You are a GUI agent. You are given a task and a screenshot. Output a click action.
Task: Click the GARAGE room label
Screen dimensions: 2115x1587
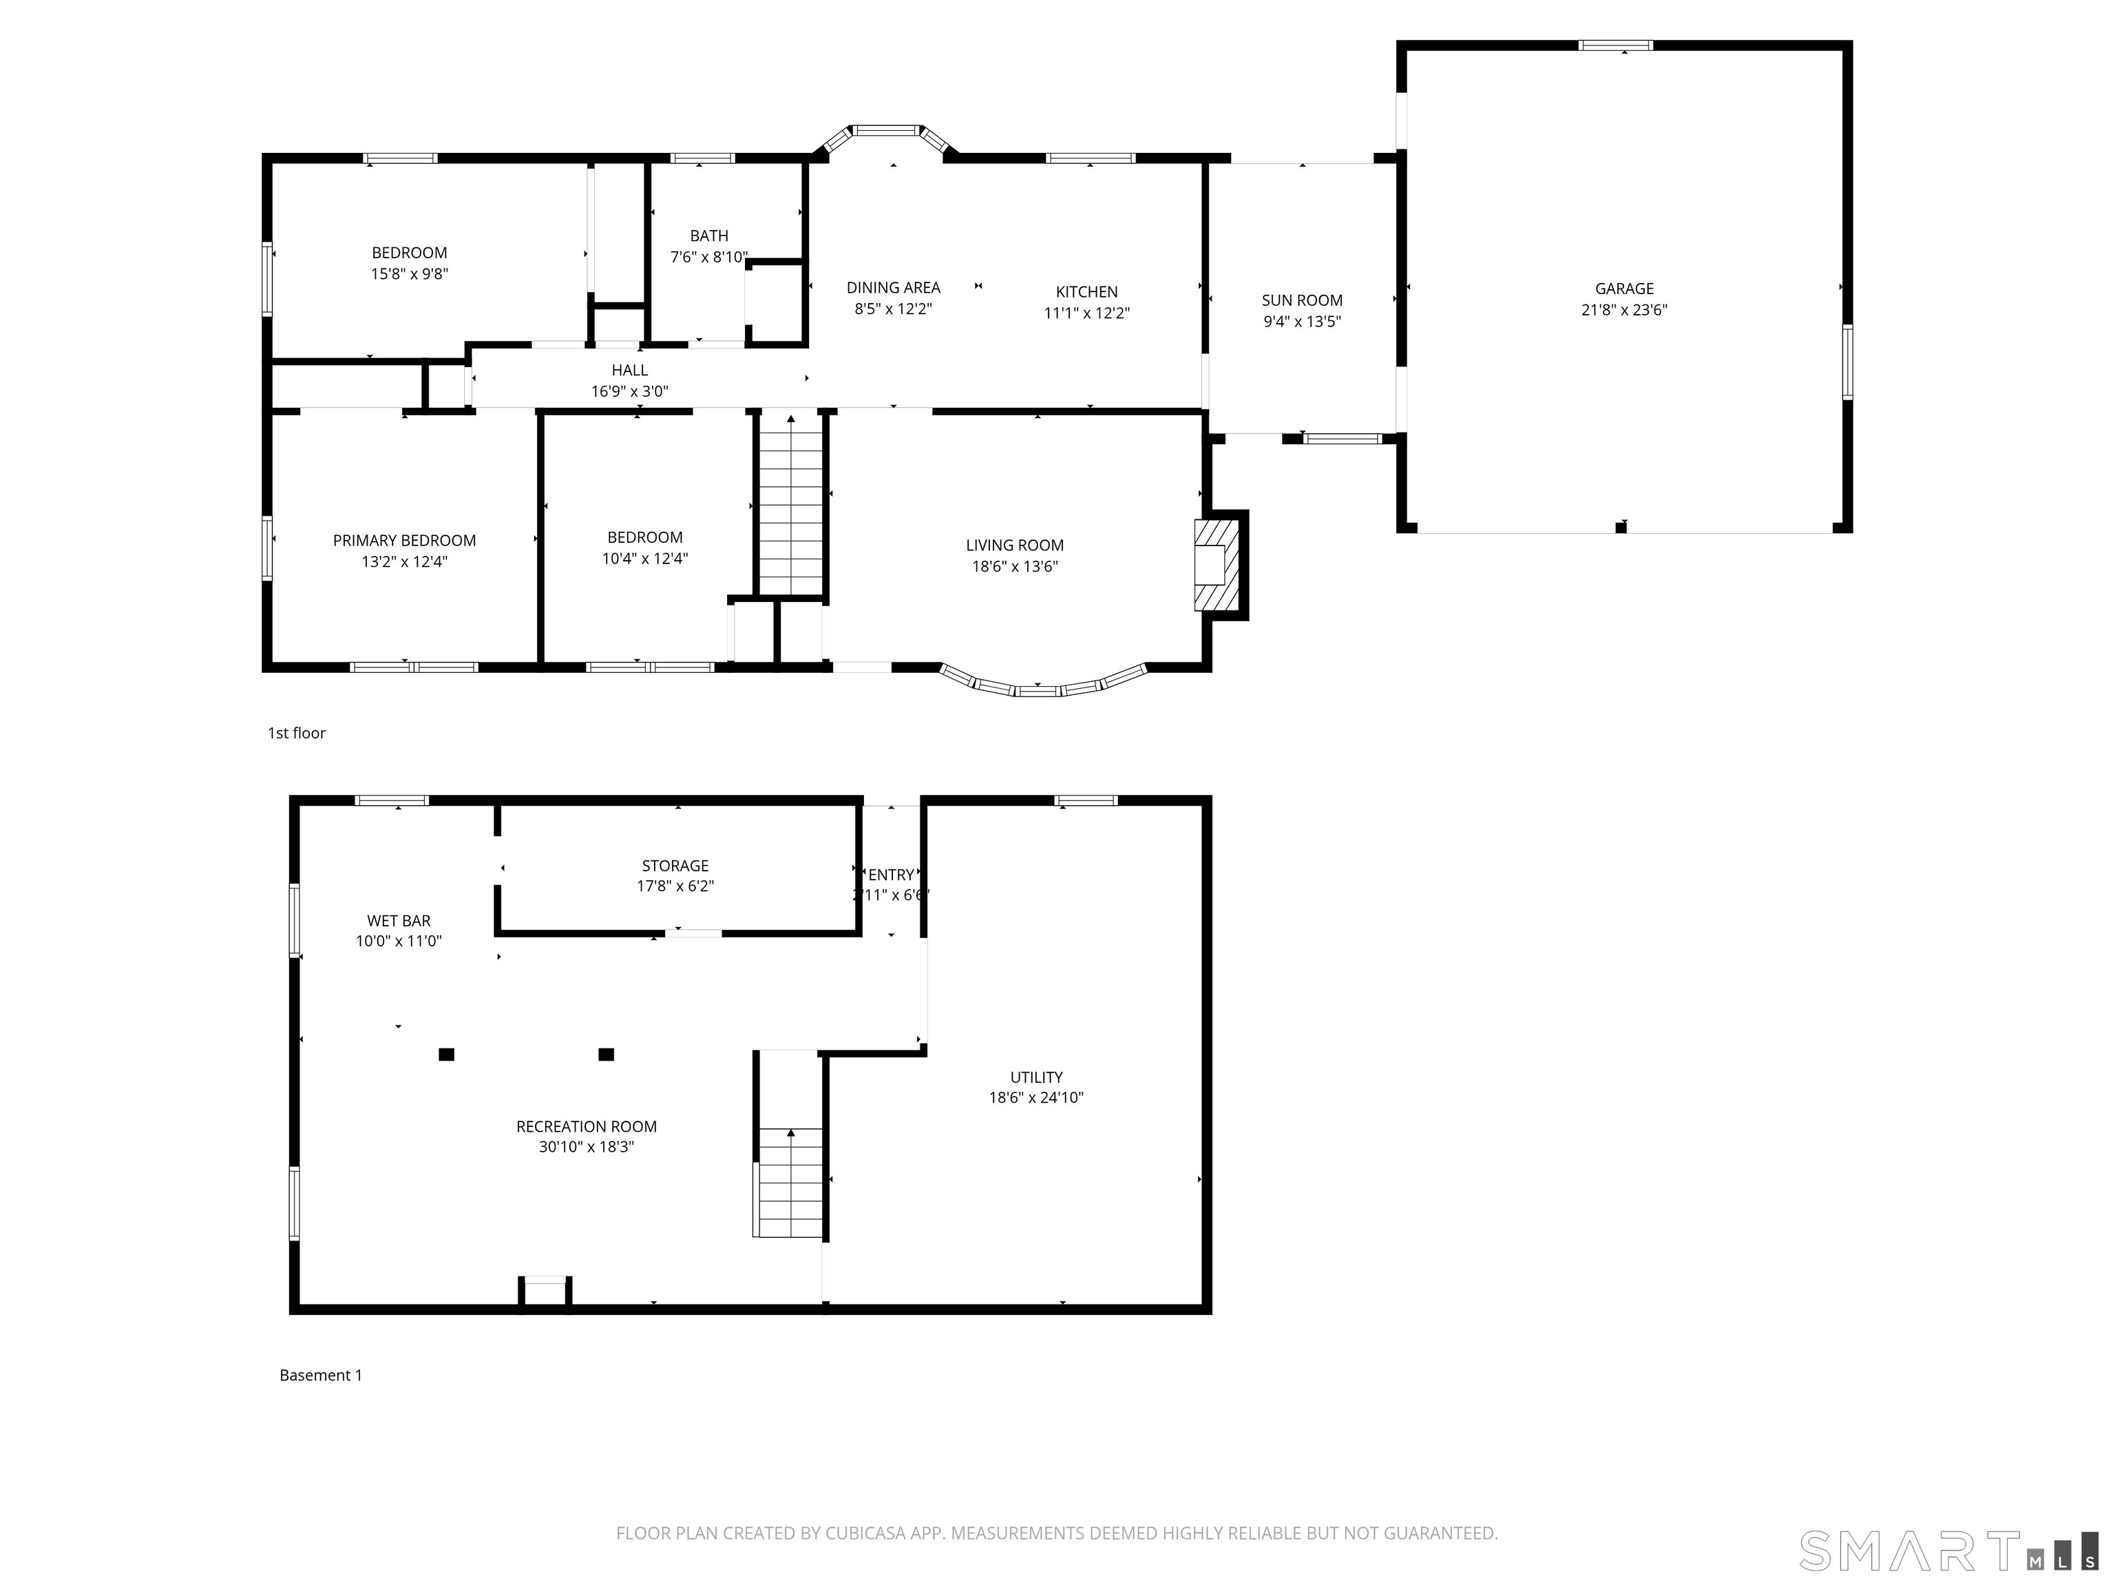[1623, 289]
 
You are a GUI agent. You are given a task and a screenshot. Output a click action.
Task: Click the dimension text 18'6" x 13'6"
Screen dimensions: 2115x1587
[1015, 566]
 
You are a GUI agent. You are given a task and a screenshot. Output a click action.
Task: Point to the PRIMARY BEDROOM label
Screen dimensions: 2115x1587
[404, 541]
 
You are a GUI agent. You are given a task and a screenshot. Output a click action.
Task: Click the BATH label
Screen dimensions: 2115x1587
[709, 236]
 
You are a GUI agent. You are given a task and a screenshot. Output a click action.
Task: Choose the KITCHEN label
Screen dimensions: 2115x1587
[1086, 292]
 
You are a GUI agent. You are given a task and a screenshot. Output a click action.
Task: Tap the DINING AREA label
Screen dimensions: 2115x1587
[893, 287]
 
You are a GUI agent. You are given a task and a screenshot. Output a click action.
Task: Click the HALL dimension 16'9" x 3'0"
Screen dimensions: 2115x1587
[629, 391]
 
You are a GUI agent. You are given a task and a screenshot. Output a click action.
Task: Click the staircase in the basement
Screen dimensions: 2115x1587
[789, 1183]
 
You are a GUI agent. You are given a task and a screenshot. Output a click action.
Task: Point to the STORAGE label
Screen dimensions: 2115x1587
[675, 866]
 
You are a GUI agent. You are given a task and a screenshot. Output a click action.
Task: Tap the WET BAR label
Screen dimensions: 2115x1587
[399, 921]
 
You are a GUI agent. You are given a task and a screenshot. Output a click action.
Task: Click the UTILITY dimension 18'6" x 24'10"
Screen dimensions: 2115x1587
[1036, 1097]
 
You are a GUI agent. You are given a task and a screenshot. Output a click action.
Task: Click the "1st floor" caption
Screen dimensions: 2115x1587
[297, 733]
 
